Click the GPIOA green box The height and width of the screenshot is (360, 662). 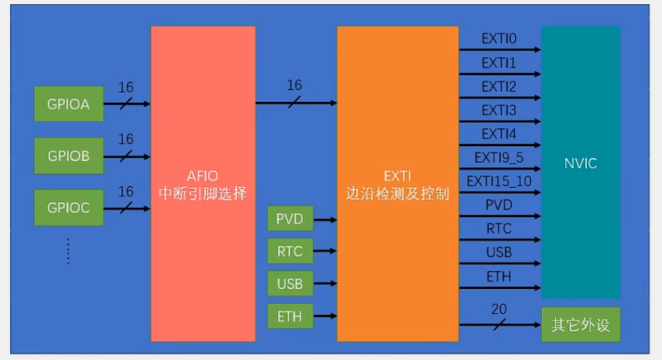[x=68, y=104]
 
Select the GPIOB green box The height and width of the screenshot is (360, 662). [x=68, y=156]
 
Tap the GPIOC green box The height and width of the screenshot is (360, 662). [x=68, y=208]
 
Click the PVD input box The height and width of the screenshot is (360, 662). [x=290, y=220]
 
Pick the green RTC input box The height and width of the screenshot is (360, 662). [x=290, y=251]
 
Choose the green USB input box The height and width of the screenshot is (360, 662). [x=290, y=283]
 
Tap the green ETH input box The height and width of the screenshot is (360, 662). [x=290, y=316]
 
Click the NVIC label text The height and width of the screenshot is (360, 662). [x=580, y=163]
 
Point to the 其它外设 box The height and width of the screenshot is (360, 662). [x=580, y=325]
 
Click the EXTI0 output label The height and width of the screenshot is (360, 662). [x=499, y=39]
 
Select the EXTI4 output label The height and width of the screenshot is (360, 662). [x=499, y=134]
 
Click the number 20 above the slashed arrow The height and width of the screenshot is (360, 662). [x=499, y=310]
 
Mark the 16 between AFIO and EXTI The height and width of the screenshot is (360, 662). [x=294, y=86]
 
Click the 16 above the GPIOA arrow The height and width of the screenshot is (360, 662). [x=126, y=88]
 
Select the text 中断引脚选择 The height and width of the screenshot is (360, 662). [x=203, y=193]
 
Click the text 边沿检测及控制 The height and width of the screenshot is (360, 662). [x=397, y=194]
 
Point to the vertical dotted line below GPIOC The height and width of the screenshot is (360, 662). [x=68, y=251]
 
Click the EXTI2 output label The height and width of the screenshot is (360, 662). [x=499, y=87]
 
